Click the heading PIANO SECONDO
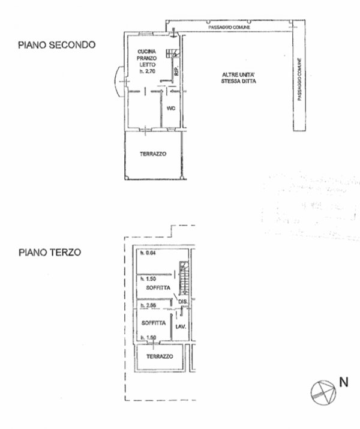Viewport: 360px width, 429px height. click(57, 44)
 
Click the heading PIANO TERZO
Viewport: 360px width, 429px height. click(49, 253)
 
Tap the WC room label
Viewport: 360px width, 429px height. click(170, 109)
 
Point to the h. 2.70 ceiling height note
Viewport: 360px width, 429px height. click(147, 71)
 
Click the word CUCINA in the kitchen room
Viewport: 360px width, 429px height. click(147, 51)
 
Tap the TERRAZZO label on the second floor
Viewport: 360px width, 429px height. click(153, 154)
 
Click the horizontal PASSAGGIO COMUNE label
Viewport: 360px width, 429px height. click(229, 28)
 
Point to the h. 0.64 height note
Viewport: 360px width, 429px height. click(147, 253)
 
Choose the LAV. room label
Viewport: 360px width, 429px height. click(179, 326)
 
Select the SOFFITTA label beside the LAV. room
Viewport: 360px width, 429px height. click(153, 323)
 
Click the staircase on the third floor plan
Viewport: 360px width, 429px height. click(184, 276)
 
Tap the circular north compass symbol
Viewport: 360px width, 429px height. click(321, 391)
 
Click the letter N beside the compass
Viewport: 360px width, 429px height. click(344, 381)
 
